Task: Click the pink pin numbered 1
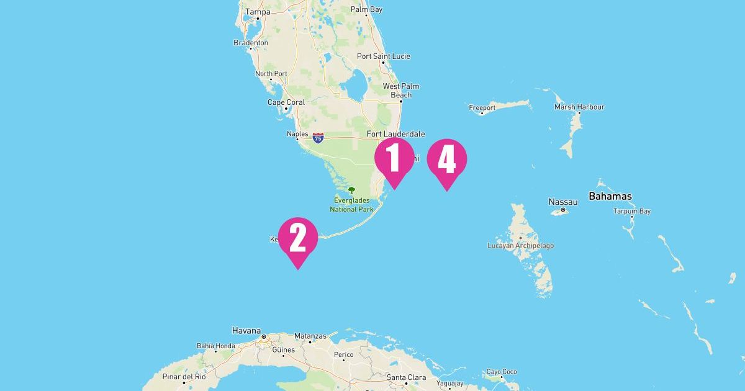point(394,159)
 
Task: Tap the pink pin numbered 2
point(298,238)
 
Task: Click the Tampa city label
point(258,12)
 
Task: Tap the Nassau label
point(563,202)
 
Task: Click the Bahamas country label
point(610,196)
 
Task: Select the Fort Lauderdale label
point(396,133)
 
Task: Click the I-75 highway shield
point(318,138)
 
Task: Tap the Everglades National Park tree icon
point(351,191)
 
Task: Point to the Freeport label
point(482,107)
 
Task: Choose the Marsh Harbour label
point(579,107)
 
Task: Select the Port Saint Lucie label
point(384,56)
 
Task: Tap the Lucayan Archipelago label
point(521,246)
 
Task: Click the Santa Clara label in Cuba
point(406,377)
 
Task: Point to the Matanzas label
point(310,336)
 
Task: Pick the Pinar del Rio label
point(184,377)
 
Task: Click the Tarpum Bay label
point(632,211)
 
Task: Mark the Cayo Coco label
point(501,372)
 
